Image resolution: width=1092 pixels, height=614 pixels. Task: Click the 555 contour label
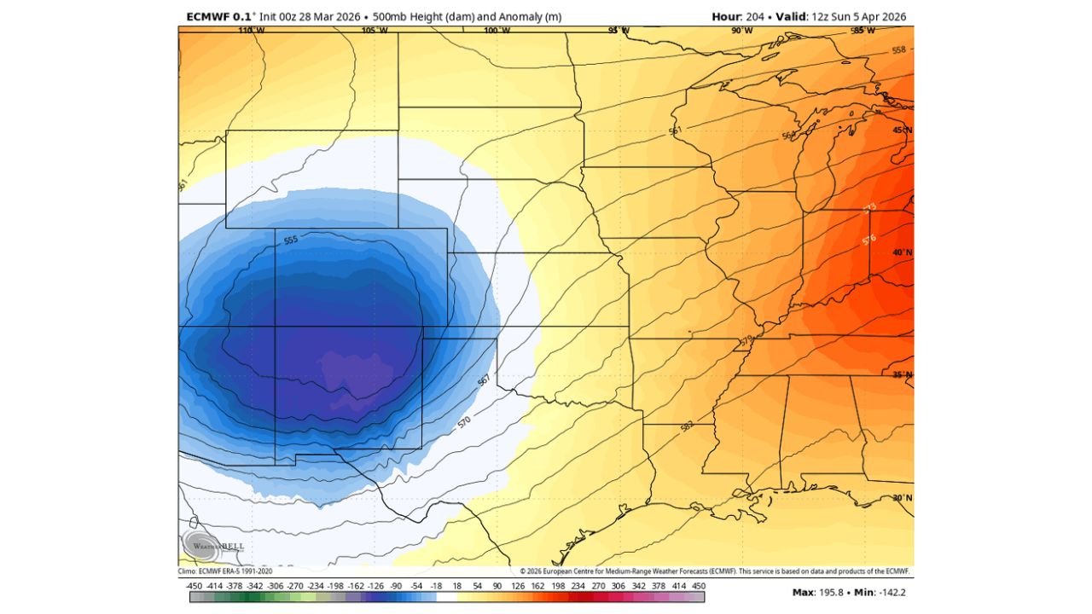click(291, 241)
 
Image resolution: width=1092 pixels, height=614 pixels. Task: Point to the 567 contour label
click(483, 381)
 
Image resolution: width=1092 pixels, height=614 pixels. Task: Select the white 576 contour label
click(869, 240)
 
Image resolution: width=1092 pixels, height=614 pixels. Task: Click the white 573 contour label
click(868, 208)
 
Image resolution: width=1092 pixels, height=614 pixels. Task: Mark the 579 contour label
click(746, 341)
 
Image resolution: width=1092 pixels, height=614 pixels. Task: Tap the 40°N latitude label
click(902, 252)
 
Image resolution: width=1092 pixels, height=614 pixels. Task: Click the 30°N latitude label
click(902, 498)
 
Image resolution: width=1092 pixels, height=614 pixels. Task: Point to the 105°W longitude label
click(374, 31)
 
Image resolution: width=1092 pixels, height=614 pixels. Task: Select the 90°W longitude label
click(741, 31)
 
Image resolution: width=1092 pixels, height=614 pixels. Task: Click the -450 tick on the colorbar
click(194, 586)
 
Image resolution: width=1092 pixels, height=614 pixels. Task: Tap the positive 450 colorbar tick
click(700, 586)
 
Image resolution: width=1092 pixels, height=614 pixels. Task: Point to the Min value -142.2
click(895, 591)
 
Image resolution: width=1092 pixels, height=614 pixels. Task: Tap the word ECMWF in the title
click(207, 17)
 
